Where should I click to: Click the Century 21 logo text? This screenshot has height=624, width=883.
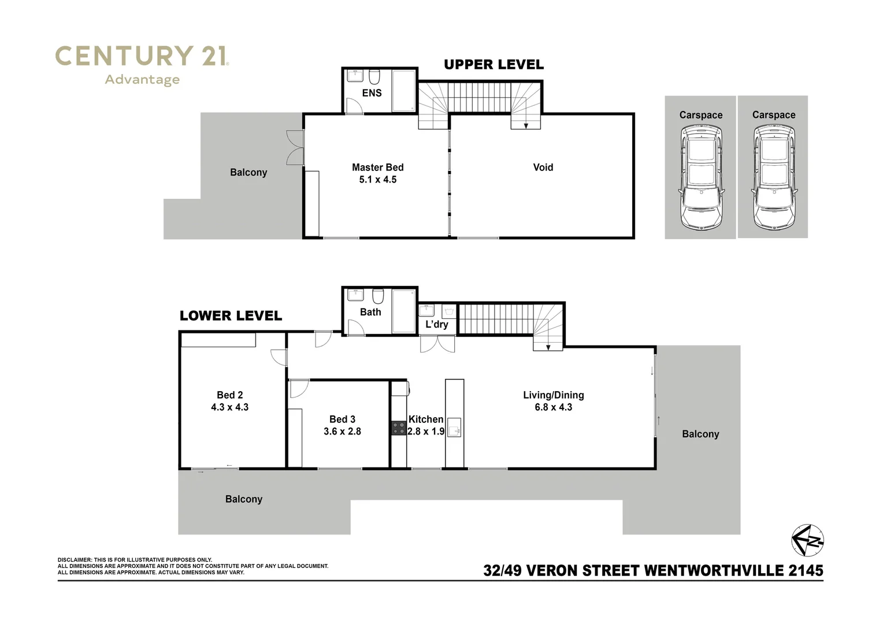(x=142, y=57)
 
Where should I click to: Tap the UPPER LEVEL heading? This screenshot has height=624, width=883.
(x=494, y=65)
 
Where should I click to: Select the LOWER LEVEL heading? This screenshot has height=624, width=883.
(x=231, y=315)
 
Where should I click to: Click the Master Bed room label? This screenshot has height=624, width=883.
(x=377, y=168)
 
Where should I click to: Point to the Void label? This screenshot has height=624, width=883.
(x=543, y=168)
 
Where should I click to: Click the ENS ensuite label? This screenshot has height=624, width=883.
(x=372, y=93)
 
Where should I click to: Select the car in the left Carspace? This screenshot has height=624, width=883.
(x=700, y=177)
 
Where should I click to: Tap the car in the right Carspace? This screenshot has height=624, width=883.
(x=773, y=177)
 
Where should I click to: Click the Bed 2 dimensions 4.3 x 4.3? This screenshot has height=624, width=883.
(x=229, y=407)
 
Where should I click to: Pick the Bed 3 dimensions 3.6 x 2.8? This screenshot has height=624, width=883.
(x=342, y=432)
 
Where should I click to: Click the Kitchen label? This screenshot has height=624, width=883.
(x=426, y=419)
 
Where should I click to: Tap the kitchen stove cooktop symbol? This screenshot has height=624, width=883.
(x=399, y=428)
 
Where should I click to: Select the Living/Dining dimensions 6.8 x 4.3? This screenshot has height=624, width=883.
(x=553, y=407)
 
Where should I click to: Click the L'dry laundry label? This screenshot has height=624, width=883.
(x=436, y=325)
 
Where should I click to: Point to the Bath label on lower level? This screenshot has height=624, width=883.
(x=370, y=312)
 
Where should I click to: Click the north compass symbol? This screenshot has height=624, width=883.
(x=807, y=540)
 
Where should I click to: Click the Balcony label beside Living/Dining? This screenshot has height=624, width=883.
(x=700, y=434)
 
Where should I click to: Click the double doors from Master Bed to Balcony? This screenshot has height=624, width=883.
(x=295, y=148)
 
